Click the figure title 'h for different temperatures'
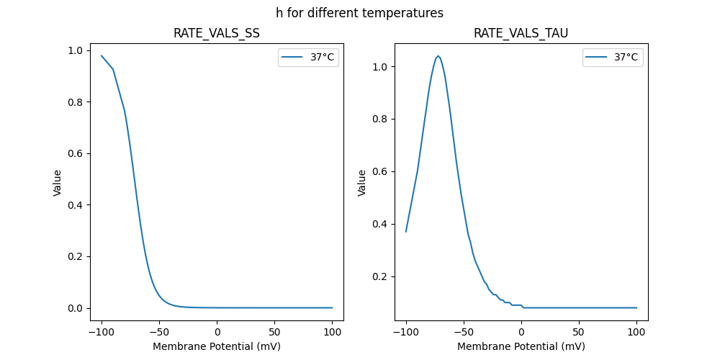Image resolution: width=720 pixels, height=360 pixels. coord(359,13)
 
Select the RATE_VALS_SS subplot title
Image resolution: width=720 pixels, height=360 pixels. coord(217,33)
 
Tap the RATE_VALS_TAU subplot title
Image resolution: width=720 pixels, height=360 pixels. coord(521,33)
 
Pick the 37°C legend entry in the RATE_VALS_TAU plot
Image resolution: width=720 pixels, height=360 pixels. coord(613,58)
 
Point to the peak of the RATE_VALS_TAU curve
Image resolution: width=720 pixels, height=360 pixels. coord(438,55)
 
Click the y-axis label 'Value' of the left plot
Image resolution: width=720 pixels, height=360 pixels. coord(57,182)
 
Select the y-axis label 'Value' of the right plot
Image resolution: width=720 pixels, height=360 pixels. coord(362,182)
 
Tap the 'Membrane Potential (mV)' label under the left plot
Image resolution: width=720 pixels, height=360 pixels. coord(217,346)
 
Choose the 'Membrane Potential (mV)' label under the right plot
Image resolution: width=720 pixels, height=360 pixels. coord(521,346)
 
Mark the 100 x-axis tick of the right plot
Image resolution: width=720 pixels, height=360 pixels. coord(636,332)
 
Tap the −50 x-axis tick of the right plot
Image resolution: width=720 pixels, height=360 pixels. coord(462,332)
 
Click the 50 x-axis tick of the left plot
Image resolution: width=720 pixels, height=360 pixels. coord(275,332)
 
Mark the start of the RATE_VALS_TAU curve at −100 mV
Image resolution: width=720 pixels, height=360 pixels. coord(406,232)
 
